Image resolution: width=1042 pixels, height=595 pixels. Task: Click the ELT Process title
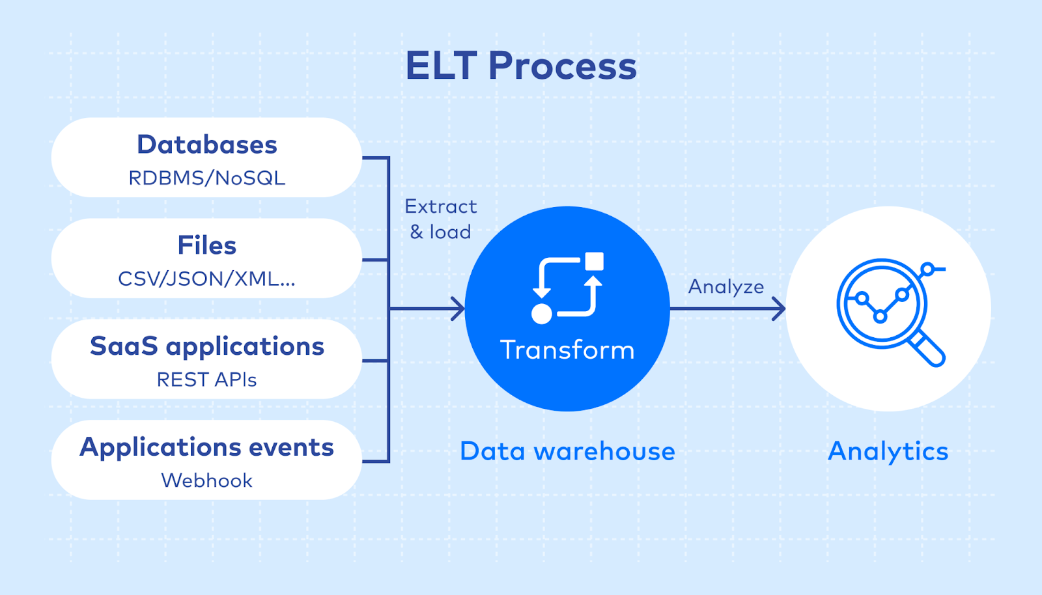point(521,66)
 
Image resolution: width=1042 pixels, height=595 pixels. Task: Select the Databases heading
point(207,145)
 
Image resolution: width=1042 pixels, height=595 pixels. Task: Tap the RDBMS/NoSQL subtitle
point(207,178)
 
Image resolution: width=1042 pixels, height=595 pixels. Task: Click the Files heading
point(207,245)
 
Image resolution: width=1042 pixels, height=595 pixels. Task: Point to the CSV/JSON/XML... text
point(207,279)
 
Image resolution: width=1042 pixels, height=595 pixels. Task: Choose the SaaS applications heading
point(207,346)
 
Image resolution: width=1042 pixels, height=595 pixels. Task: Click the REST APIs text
point(207,380)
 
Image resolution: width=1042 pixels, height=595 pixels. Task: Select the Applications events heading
point(207,447)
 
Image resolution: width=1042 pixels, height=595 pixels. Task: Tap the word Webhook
point(207,480)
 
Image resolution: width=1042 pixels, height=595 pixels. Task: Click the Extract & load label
point(441,219)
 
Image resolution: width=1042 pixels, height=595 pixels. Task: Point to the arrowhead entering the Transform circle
point(458,309)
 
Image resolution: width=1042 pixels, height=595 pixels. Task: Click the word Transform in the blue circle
point(567,350)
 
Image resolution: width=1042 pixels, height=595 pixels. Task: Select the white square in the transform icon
point(594,262)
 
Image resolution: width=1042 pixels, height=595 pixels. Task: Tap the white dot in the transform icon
point(542,314)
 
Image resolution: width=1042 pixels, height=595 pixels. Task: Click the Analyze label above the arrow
point(726,286)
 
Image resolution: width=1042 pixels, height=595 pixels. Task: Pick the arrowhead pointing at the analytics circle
point(779,309)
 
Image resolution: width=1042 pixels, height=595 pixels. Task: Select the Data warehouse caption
point(567,451)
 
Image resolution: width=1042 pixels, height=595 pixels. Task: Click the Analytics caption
point(888,451)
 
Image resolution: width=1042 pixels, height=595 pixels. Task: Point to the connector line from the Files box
point(375,260)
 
